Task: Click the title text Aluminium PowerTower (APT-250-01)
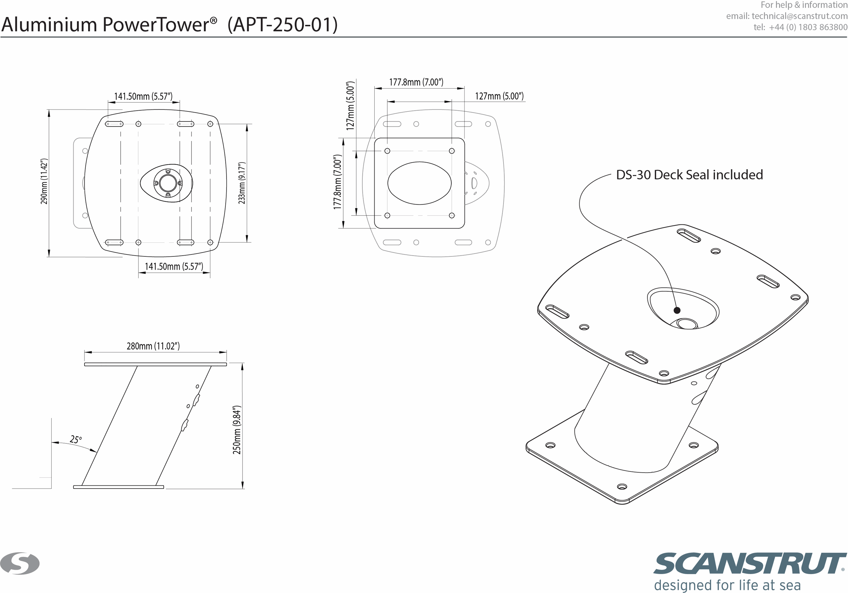170,25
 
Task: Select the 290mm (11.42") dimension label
44,181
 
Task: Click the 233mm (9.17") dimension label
241,183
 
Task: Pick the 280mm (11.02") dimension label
153,346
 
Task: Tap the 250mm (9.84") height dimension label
237,429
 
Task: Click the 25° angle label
76,439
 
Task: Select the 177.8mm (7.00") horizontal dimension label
416,82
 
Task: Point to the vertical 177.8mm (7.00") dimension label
338,182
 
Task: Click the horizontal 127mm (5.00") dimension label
499,96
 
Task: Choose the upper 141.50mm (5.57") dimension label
143,97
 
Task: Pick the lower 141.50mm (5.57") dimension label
174,267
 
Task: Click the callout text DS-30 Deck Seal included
690,175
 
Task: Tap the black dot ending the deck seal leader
677,310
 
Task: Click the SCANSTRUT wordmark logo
750,564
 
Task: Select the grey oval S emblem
20,563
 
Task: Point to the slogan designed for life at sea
727,585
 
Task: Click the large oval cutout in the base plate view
420,183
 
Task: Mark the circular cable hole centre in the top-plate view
168,183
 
